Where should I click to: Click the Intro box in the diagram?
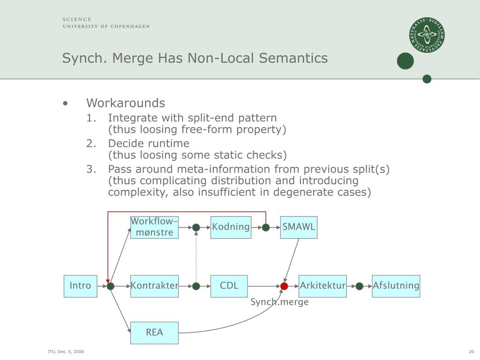tap(81, 286)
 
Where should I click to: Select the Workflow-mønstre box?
tap(154, 227)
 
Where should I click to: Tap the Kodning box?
tap(231, 227)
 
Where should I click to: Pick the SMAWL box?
tap(299, 227)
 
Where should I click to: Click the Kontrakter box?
tap(154, 286)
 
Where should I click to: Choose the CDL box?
tap(229, 286)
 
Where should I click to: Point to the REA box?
tap(154, 333)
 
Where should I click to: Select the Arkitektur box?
tap(322, 286)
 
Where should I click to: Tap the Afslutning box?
tap(396, 286)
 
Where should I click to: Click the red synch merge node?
tap(284, 286)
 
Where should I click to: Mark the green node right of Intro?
tap(111, 286)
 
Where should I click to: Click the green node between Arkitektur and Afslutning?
tap(360, 286)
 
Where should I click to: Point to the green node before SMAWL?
tap(266, 227)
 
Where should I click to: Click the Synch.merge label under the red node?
tap(279, 302)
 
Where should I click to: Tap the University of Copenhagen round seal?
tap(427, 35)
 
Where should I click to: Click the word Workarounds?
tap(126, 103)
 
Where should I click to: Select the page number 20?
tap(471, 352)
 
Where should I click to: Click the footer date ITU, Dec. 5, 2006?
tap(66, 352)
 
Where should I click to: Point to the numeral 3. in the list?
tap(91, 169)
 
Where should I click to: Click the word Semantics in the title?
tap(293, 58)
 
